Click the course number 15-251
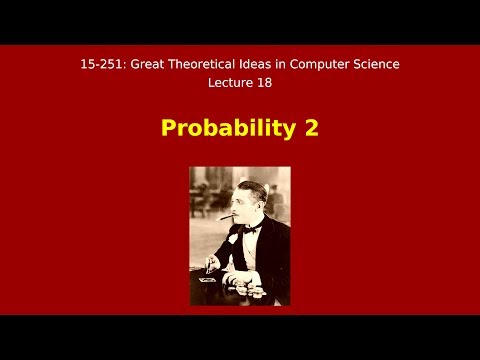pos(101,64)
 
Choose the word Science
pos(376,64)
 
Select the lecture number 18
pos(264,82)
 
